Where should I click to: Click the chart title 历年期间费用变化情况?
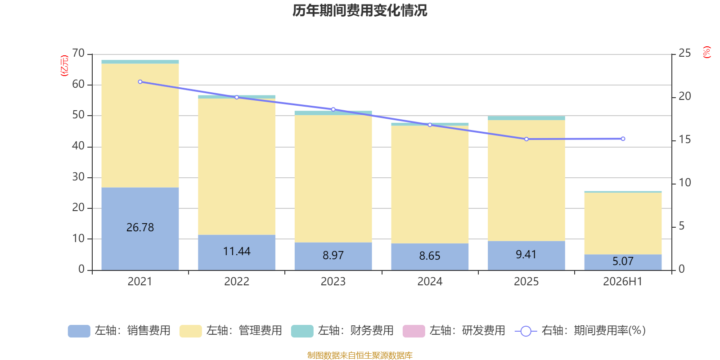click(x=360, y=11)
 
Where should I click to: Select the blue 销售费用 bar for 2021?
click(x=140, y=229)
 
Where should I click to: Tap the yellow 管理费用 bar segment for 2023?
click(x=333, y=179)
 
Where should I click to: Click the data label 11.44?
click(x=237, y=252)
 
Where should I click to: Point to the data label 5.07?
click(x=623, y=261)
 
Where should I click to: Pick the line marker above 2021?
click(x=140, y=82)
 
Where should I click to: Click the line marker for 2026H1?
click(x=623, y=139)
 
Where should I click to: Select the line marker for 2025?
click(x=526, y=139)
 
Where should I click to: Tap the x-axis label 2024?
click(x=430, y=282)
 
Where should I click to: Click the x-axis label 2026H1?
click(x=623, y=282)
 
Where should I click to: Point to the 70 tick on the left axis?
click(x=78, y=53)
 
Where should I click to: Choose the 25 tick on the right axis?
click(x=684, y=53)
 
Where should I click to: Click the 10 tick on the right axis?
click(x=684, y=183)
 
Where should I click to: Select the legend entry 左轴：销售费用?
click(x=119, y=331)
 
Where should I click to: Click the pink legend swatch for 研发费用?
click(x=414, y=331)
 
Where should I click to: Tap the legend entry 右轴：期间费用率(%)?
click(x=580, y=331)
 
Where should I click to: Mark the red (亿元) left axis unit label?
click(x=65, y=66)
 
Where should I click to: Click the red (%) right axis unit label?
click(x=706, y=52)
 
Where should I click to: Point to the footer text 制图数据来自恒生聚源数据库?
click(x=360, y=355)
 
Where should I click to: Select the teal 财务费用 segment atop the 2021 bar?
click(x=140, y=62)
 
